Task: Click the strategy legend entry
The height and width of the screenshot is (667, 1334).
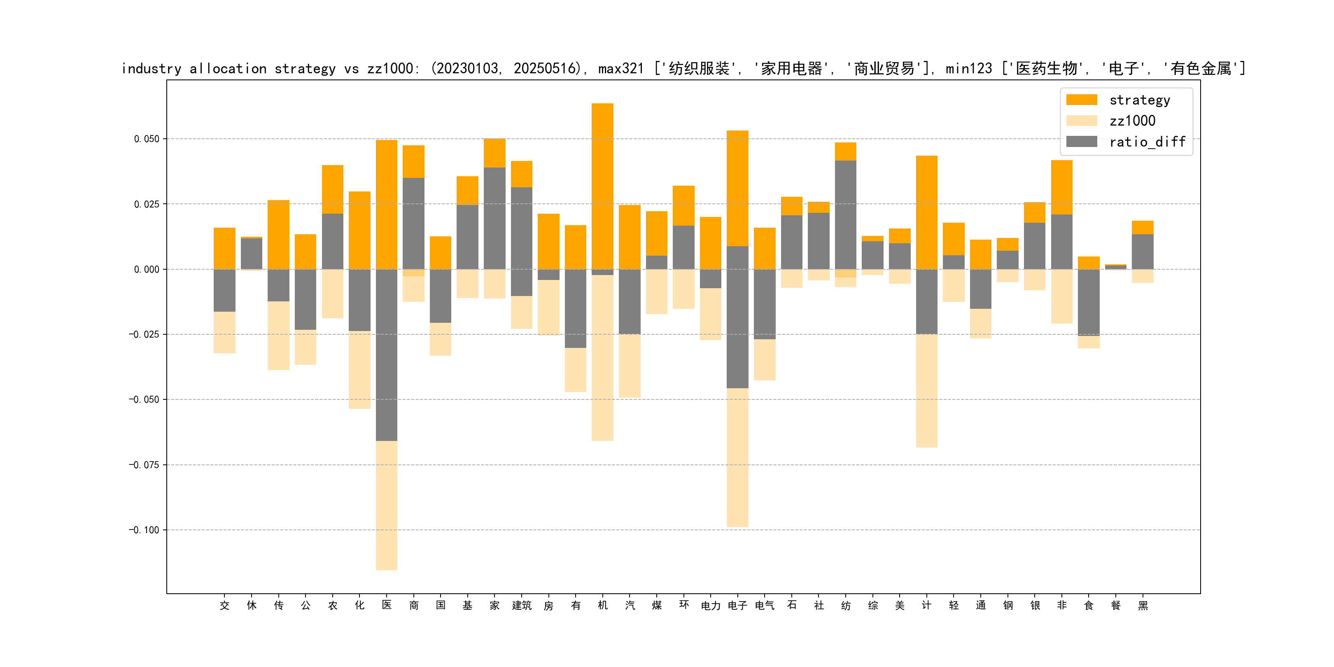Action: (x=1139, y=100)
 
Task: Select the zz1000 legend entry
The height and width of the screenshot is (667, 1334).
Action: (x=1132, y=121)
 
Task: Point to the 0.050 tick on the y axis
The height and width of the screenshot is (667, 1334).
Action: (x=147, y=139)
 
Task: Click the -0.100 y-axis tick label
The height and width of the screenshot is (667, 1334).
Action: (x=144, y=530)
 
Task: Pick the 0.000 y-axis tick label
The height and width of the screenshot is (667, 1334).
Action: (x=147, y=269)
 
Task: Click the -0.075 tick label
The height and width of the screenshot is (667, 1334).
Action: (x=144, y=464)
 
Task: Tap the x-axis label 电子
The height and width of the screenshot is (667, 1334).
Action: (x=737, y=605)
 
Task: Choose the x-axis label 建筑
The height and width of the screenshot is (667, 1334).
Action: (x=522, y=605)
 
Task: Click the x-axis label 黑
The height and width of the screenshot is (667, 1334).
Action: (x=1143, y=605)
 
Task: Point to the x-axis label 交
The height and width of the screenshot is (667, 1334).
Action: (x=224, y=605)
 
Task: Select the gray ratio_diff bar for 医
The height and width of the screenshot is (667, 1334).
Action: (x=386, y=355)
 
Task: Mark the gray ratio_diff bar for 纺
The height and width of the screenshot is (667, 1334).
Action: (x=845, y=215)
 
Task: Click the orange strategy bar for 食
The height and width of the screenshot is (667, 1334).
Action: (x=1089, y=263)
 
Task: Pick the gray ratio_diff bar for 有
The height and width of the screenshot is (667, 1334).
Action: (x=575, y=308)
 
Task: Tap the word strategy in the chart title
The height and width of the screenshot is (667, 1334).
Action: (x=305, y=68)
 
